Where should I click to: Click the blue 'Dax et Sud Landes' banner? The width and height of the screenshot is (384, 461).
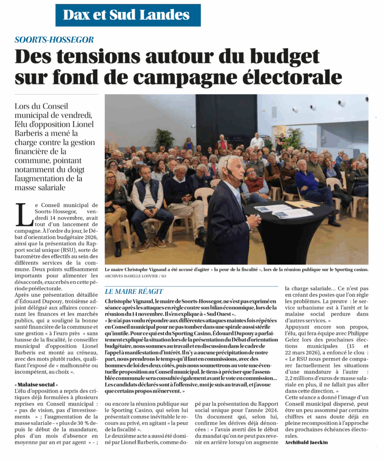point(128,15)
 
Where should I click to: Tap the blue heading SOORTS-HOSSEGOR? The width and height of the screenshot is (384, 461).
point(54,40)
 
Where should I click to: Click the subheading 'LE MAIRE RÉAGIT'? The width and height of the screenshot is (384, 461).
point(134,291)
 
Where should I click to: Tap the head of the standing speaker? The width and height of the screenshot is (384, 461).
point(235,167)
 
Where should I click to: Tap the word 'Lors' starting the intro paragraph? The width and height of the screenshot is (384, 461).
point(23,106)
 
